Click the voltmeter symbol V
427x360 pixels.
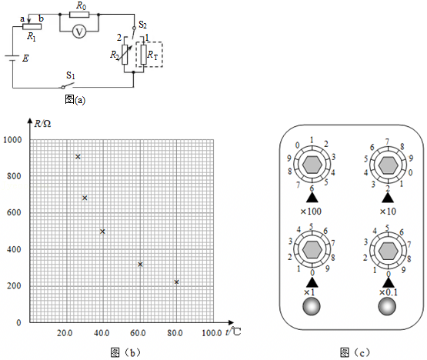79,32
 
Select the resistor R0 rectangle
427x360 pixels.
79,15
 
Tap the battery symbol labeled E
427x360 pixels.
12,58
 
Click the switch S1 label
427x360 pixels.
71,75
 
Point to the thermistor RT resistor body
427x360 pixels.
144,55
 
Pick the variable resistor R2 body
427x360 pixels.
125,55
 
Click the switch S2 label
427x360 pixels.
142,25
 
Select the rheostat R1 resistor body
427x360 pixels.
32,26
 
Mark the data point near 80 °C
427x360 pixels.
176,282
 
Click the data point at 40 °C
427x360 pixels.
102,232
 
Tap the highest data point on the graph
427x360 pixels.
78,157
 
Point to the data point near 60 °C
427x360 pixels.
140,265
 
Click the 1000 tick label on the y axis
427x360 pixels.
12,140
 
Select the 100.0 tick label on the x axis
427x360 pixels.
212,333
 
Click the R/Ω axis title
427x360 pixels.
42,124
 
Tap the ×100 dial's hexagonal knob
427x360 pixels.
312,165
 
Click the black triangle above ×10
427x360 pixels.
388,198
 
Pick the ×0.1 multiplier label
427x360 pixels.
388,292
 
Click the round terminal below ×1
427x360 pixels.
312,307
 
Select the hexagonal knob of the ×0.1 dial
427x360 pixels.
388,250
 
